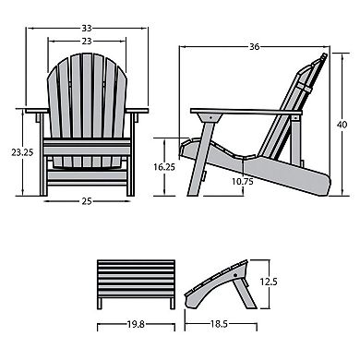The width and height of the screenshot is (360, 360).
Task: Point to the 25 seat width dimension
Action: (84, 200)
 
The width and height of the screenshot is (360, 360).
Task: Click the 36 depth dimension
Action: (251, 46)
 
